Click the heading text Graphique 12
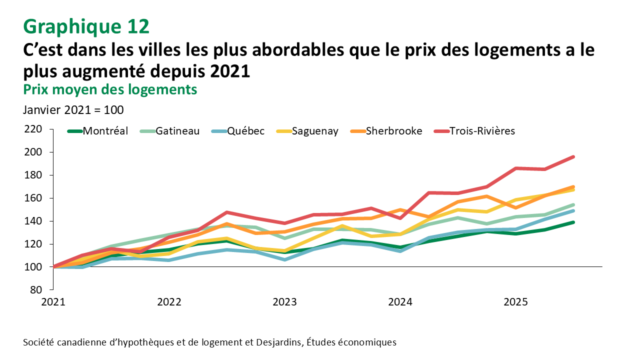point(86,26)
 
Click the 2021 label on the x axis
point(53,302)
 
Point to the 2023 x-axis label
point(284,302)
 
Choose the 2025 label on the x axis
point(515,302)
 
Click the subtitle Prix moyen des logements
point(110,89)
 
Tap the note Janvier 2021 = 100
point(73,109)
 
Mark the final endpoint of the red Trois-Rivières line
point(573,157)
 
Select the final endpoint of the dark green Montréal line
point(573,222)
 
